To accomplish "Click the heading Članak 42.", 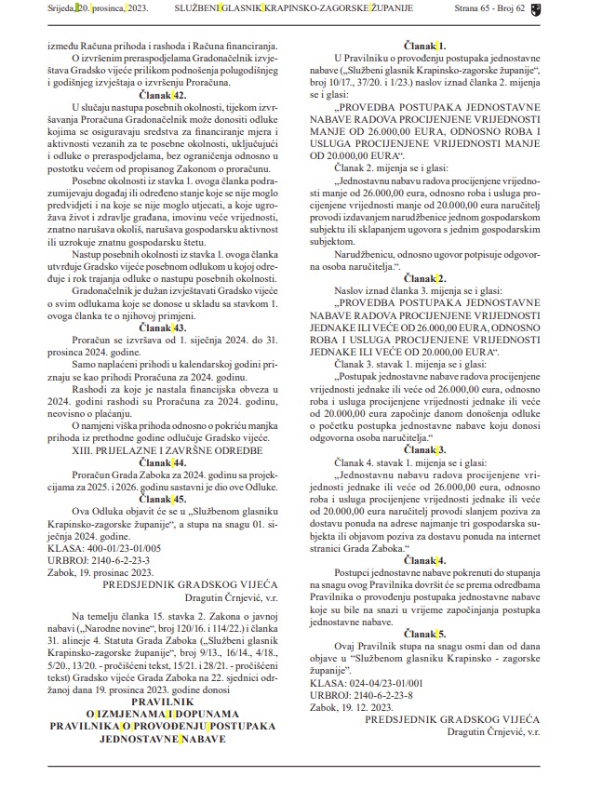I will click(162, 96).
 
